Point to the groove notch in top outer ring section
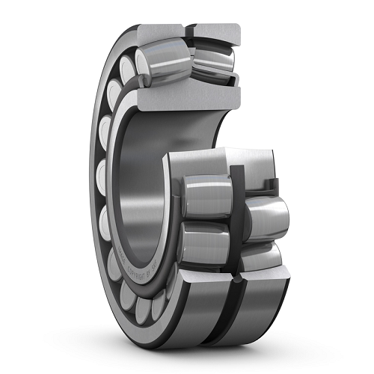188,28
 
